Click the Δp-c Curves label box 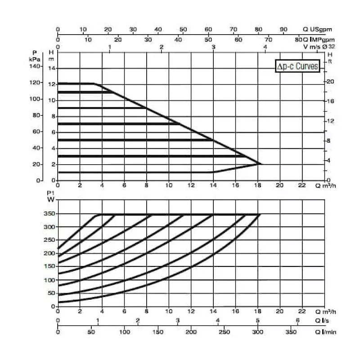pyautogui.click(x=297, y=67)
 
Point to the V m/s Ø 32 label pyautogui.click(x=319, y=46)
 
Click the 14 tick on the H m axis pyautogui.click(x=51, y=68)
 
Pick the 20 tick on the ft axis pyautogui.click(x=331, y=81)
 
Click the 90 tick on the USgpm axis pyautogui.click(x=284, y=30)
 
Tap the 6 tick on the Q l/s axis pyautogui.click(x=297, y=320)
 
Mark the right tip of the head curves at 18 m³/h pyautogui.click(x=261, y=164)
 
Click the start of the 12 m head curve pyautogui.click(x=58, y=83)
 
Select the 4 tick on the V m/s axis pyautogui.click(x=265, y=46)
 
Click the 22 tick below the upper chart pyautogui.click(x=302, y=184)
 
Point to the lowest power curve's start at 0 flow pyautogui.click(x=58, y=302)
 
